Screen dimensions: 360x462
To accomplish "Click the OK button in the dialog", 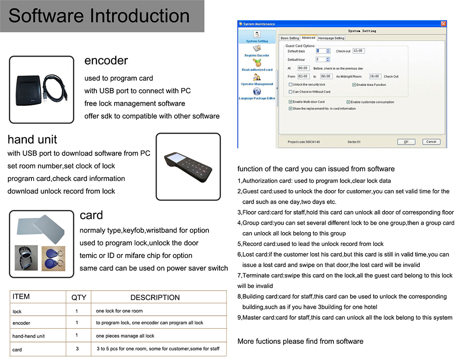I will pyautogui.click(x=406, y=142).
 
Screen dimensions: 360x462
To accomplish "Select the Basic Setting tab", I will pyautogui.click(x=290, y=38).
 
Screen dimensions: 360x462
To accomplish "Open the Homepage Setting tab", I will pyautogui.click(x=331, y=38).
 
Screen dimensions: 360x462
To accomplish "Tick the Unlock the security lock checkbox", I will pyautogui.click(x=290, y=85).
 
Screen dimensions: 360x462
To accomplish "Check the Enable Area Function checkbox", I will pyautogui.click(x=354, y=85).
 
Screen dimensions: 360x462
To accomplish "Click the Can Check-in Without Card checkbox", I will pyautogui.click(x=290, y=92).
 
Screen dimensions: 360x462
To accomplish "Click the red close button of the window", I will pyautogui.click(x=444, y=24).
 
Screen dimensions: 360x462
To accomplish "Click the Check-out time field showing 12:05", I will pyautogui.click(x=359, y=51).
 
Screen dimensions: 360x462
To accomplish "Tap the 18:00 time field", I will pyautogui.click(x=375, y=77).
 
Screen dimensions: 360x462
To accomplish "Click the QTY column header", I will pyautogui.click(x=79, y=297).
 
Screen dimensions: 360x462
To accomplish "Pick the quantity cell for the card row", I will pyautogui.click(x=78, y=349).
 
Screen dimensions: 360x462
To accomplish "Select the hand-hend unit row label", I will pyautogui.click(x=29, y=336).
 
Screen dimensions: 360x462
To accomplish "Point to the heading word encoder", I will pyautogui.click(x=106, y=61).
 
